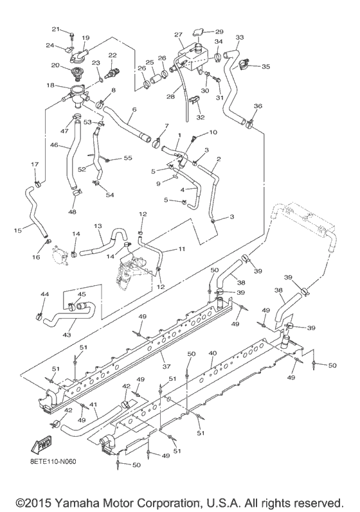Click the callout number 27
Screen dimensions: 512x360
tap(179, 34)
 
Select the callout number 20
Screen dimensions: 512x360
tap(56, 65)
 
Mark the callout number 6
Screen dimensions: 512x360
tap(134, 110)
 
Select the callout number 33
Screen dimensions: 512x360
tap(240, 37)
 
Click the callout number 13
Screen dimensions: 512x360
tap(98, 226)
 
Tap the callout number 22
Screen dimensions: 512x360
tap(113, 55)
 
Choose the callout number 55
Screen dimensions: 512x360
tap(127, 157)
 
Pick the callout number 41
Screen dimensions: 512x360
tap(94, 405)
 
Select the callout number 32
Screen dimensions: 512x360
tap(201, 118)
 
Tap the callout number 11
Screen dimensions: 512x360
tap(182, 248)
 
